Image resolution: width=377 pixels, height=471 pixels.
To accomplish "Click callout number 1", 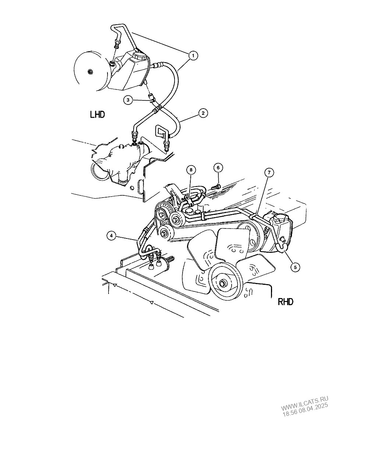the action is pyautogui.click(x=193, y=56).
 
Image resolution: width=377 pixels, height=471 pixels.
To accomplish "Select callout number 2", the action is pyautogui.click(x=203, y=113).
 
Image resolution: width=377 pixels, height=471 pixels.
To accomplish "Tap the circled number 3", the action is pyautogui.click(x=128, y=100).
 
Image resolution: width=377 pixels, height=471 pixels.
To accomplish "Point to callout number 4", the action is pyautogui.click(x=111, y=236).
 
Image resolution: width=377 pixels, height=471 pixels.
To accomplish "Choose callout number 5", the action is pyautogui.click(x=295, y=267).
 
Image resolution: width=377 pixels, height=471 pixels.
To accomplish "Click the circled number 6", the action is pyautogui.click(x=218, y=168).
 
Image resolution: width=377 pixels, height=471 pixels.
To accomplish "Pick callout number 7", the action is pyautogui.click(x=269, y=173).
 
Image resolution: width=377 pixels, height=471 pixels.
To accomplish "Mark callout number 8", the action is pyautogui.click(x=191, y=170).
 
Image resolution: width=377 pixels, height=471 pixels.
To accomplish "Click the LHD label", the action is pyautogui.click(x=98, y=115).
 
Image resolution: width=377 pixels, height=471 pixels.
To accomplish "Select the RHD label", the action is pyautogui.click(x=285, y=302).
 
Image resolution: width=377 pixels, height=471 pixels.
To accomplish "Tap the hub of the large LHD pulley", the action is pyautogui.click(x=89, y=71).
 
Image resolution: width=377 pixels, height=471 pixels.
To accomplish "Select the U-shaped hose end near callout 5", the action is pyautogui.click(x=282, y=246).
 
